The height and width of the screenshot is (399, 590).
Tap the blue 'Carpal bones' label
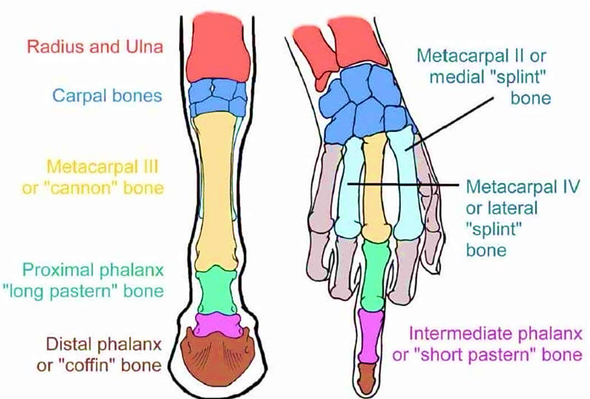click(107, 96)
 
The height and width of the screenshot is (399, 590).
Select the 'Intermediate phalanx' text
click(495, 334)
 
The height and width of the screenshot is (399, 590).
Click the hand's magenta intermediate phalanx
click(369, 336)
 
